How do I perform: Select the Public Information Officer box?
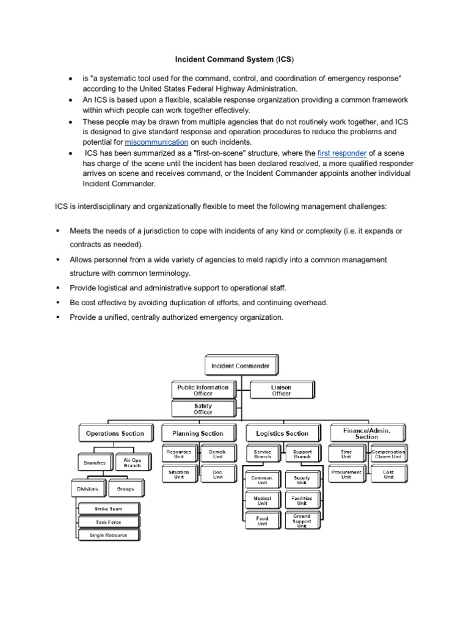[203, 390]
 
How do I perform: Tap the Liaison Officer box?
[280, 390]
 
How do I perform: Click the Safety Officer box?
[203, 408]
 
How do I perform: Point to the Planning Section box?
[193, 433]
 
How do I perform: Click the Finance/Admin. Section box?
[367, 433]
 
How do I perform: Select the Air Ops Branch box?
[132, 463]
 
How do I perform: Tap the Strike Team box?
[109, 508]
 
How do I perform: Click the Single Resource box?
[109, 535]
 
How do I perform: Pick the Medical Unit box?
[262, 500]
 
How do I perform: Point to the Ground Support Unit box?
[302, 521]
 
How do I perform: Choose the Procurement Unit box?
[346, 475]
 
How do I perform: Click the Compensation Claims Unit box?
[388, 455]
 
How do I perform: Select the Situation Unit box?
[179, 475]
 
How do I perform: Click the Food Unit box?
[262, 521]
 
